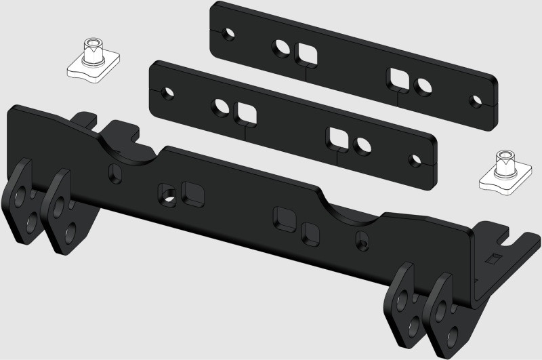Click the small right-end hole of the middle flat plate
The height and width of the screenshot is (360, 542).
click(412, 161)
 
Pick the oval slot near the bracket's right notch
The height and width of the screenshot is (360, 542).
click(362, 239)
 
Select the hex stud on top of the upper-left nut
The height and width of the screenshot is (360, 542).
click(90, 49)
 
